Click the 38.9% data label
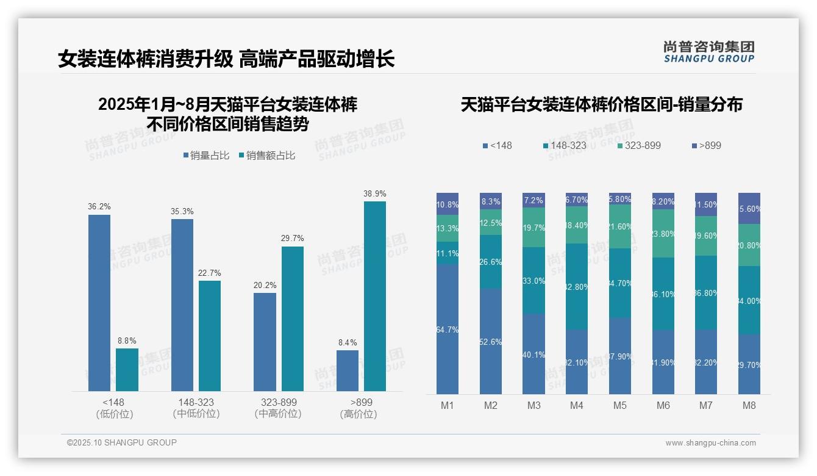(x=375, y=193)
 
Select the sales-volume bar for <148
(x=99, y=302)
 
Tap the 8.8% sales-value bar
(x=127, y=369)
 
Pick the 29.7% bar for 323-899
(x=292, y=318)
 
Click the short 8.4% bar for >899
(x=348, y=370)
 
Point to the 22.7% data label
(x=209, y=273)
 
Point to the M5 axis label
(x=620, y=405)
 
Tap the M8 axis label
(x=749, y=405)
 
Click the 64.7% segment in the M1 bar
(x=448, y=330)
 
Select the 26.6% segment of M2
(x=491, y=262)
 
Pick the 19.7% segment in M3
(x=534, y=227)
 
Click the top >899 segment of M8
(x=749, y=208)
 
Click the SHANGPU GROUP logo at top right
(x=708, y=52)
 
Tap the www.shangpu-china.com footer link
(x=710, y=443)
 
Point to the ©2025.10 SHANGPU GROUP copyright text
(x=122, y=442)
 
